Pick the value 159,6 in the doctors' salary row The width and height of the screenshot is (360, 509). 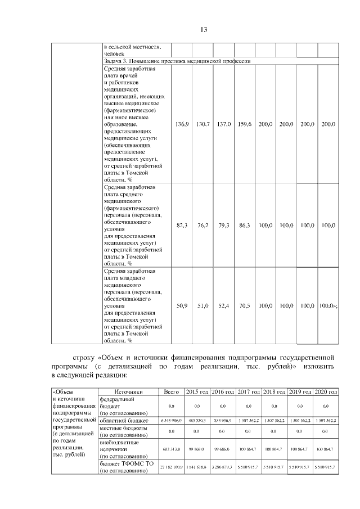[245, 124]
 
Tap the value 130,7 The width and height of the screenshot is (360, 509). [202, 124]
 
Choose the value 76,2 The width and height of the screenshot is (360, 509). [202, 226]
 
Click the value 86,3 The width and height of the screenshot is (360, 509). [245, 226]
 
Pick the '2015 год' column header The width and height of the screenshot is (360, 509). [197, 391]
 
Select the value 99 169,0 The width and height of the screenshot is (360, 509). [197, 449]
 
